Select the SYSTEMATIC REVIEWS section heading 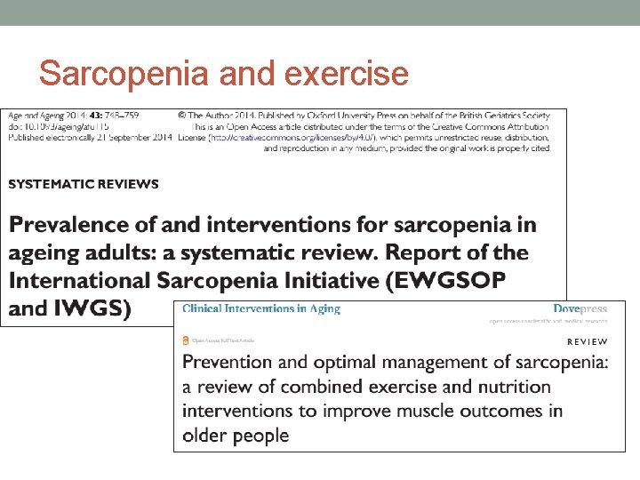[x=84, y=184]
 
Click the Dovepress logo [x=580, y=308]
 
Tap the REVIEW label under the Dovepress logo [x=588, y=341]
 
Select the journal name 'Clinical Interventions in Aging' [x=261, y=308]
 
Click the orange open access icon [x=186, y=340]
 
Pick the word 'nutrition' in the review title [x=514, y=387]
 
